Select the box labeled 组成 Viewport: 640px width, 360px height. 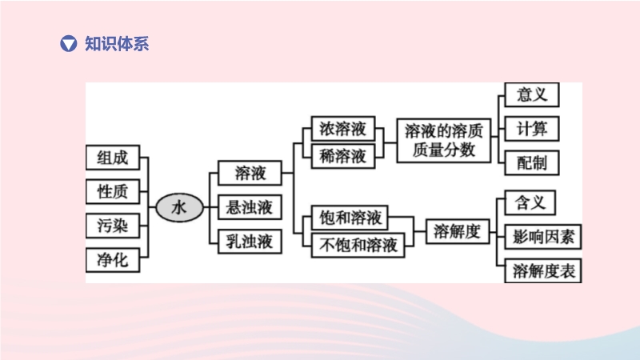coord(112,158)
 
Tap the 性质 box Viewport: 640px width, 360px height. coord(112,192)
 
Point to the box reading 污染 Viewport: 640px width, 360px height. coord(112,226)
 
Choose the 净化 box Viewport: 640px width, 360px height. coord(112,260)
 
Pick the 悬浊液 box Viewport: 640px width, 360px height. coord(250,208)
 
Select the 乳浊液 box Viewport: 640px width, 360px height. coord(250,241)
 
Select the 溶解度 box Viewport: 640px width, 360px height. coord(457,232)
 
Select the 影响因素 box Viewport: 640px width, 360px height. coord(543,237)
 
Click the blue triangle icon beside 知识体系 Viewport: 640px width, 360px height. coord(70,44)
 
